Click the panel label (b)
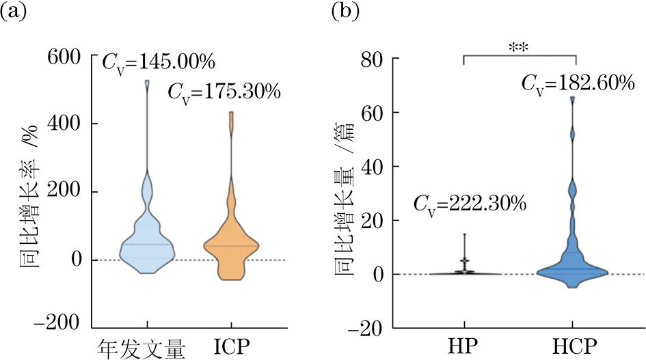(347, 12)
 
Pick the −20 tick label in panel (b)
(376, 327)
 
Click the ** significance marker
(520, 47)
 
